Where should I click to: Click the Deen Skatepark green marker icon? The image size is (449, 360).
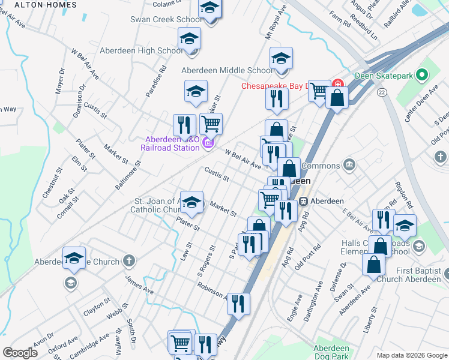pos(422,76)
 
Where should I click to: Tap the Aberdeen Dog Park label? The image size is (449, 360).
pos(331,352)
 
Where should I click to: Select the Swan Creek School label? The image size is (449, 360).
pos(166,20)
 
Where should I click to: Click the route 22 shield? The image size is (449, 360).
pos(382,92)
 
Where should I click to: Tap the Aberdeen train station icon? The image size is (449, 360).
pos(304,201)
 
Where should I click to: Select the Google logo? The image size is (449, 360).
pos(20,353)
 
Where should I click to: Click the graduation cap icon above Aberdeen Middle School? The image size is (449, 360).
pos(281,59)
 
